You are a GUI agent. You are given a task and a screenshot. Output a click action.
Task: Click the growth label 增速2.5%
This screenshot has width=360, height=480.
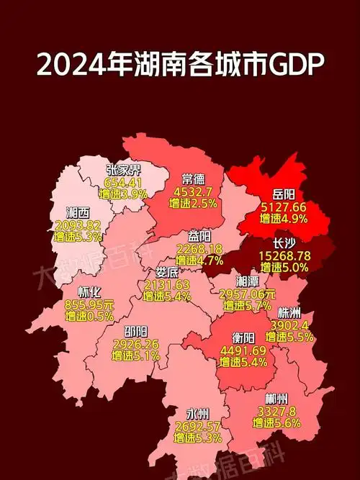coord(193,204)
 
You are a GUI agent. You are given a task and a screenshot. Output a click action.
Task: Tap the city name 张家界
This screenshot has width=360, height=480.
coord(123,170)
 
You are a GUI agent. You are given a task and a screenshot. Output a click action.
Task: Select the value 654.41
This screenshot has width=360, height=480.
coord(124,181)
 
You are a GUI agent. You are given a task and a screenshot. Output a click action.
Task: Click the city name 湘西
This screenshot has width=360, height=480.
coord(78,213)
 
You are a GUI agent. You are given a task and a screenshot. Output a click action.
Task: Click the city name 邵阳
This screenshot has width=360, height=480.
coord(136,332)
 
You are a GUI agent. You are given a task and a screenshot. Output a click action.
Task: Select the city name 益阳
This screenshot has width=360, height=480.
coord(201,236)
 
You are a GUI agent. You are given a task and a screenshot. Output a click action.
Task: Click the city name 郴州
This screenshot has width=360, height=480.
coord(278,399)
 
